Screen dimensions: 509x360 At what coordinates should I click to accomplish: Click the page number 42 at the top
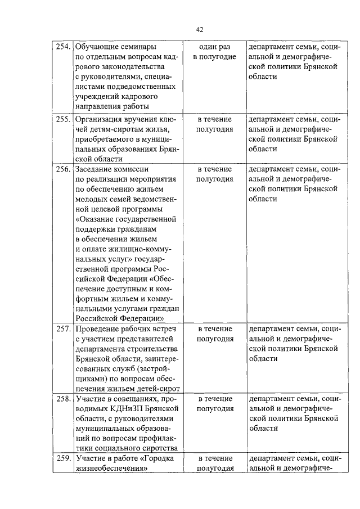(x=200, y=29)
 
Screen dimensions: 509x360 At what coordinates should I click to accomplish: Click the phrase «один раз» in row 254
(x=215, y=47)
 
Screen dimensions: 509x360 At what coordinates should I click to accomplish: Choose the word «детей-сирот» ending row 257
(x=155, y=388)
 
